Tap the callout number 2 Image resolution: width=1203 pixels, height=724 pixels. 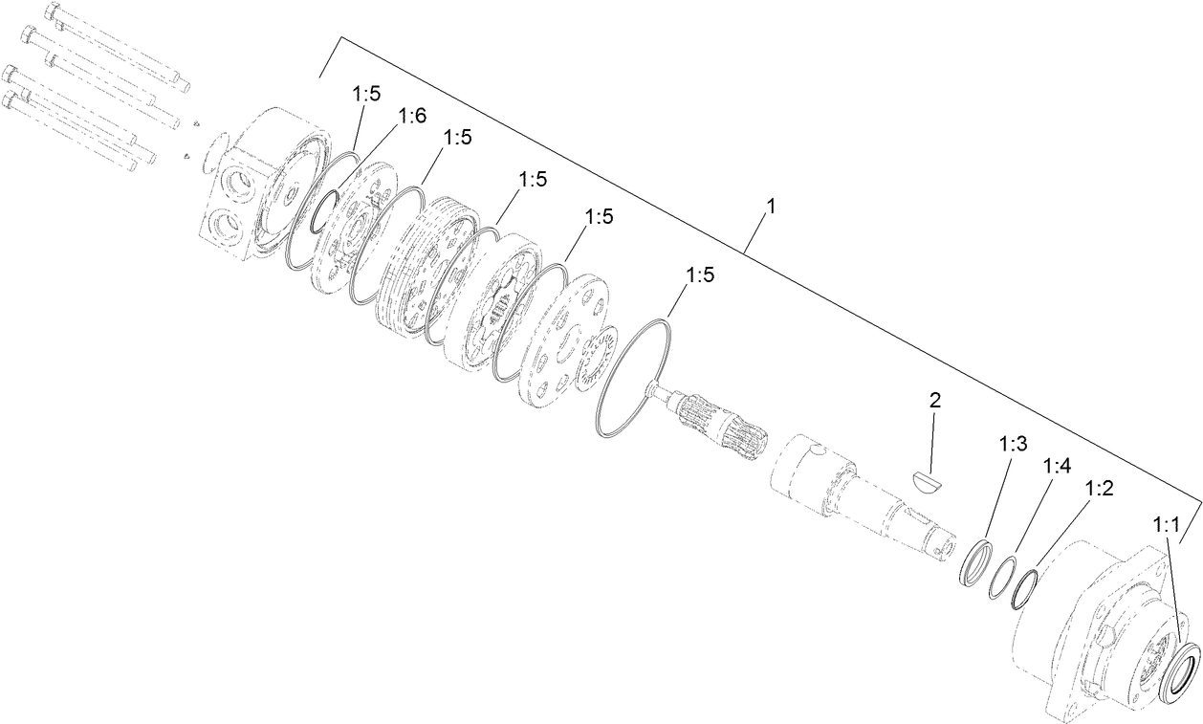tap(934, 400)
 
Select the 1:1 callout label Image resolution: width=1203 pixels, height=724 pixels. tap(1167, 525)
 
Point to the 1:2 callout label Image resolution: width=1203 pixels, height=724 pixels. tap(1099, 488)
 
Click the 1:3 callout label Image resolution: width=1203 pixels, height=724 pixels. tap(1013, 444)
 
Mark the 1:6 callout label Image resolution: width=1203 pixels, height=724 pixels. tap(411, 116)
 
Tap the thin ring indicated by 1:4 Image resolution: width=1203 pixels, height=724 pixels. tap(1003, 579)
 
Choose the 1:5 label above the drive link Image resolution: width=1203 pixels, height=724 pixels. tap(699, 275)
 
